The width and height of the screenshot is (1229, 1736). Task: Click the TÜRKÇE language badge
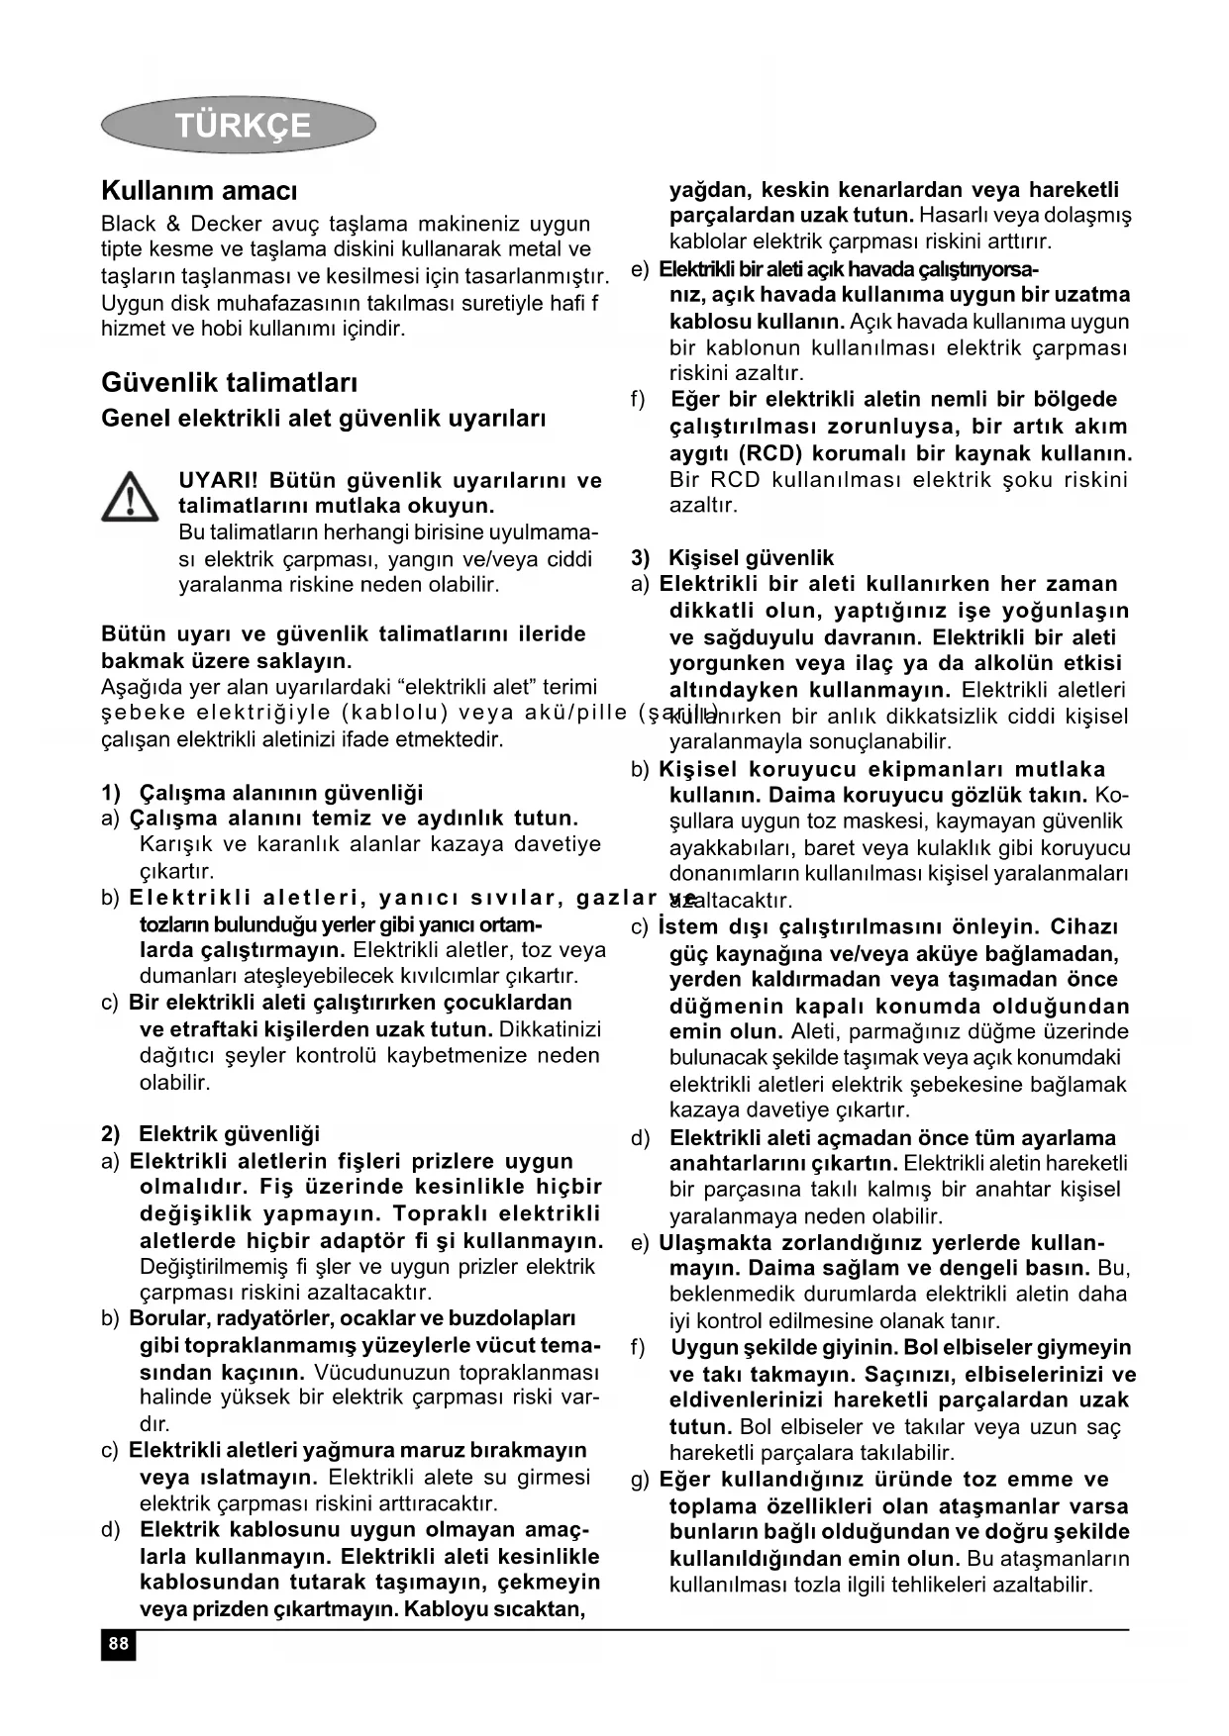239,125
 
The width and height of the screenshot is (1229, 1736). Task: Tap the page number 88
118,1644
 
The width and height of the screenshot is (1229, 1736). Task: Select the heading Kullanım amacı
199,190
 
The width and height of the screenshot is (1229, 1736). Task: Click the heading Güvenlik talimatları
230,382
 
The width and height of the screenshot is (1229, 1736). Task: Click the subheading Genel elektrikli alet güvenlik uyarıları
324,418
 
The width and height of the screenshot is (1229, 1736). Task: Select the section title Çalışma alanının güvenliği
280,792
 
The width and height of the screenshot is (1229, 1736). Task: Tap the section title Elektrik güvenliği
229,1133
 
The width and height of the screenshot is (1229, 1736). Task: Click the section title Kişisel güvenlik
751,557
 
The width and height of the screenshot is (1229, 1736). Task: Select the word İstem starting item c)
682,927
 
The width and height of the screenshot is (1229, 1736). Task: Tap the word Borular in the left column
165,1318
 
